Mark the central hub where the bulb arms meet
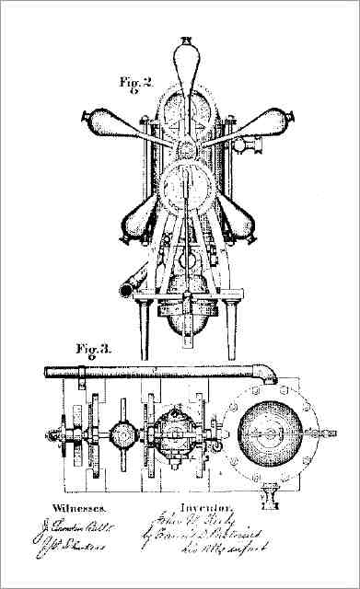pos(189,147)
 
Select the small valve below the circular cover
pos(271,497)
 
